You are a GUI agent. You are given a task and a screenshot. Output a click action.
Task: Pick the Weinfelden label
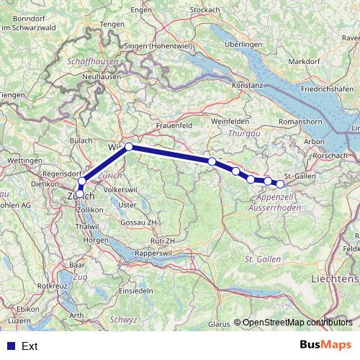[x=230, y=122]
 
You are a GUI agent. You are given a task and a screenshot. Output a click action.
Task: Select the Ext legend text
[x=30, y=346]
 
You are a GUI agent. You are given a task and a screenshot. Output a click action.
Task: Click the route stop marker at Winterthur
[x=129, y=147]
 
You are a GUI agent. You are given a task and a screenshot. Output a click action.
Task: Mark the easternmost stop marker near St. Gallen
[x=280, y=184]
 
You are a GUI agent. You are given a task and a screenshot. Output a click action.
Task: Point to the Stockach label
[x=204, y=10]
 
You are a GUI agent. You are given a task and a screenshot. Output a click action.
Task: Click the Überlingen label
[x=243, y=45]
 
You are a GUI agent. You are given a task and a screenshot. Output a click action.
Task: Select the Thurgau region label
[x=243, y=134]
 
